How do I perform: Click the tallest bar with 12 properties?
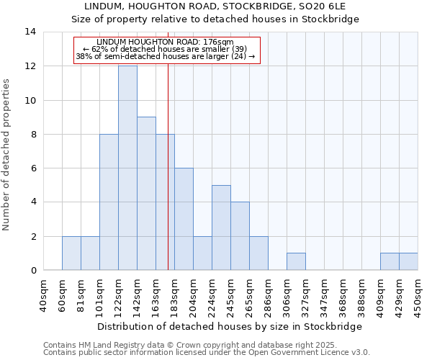pyautogui.click(x=127, y=168)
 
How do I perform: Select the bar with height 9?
pyautogui.click(x=146, y=193)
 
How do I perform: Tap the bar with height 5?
pyautogui.click(x=221, y=228)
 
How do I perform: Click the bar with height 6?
pyautogui.click(x=184, y=219)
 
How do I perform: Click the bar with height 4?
pyautogui.click(x=240, y=236)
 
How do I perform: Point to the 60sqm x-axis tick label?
pyautogui.click(x=62, y=294)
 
